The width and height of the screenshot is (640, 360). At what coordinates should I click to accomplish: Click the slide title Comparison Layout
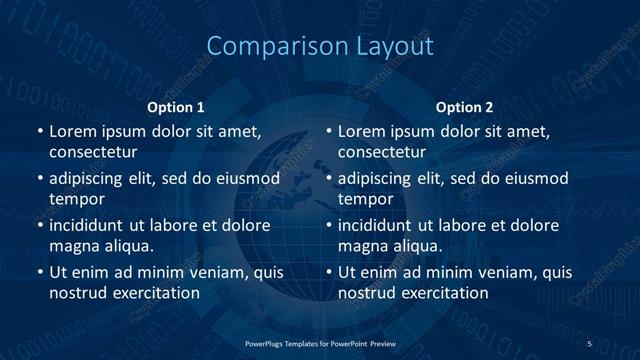pyautogui.click(x=319, y=47)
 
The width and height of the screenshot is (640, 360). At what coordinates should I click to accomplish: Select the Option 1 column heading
pyautogui.click(x=176, y=107)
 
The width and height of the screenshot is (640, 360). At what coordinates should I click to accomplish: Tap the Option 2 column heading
pyautogui.click(x=465, y=107)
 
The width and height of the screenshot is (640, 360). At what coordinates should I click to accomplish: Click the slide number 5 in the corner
pyautogui.click(x=589, y=343)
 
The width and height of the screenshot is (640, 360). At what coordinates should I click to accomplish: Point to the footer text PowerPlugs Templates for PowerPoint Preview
pyautogui.click(x=319, y=343)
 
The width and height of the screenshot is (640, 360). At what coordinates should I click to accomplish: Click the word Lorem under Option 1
pyautogui.click(x=73, y=131)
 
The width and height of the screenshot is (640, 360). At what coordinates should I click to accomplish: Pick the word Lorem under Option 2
pyautogui.click(x=362, y=131)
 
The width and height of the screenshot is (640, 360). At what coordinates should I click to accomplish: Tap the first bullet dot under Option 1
pyautogui.click(x=39, y=132)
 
